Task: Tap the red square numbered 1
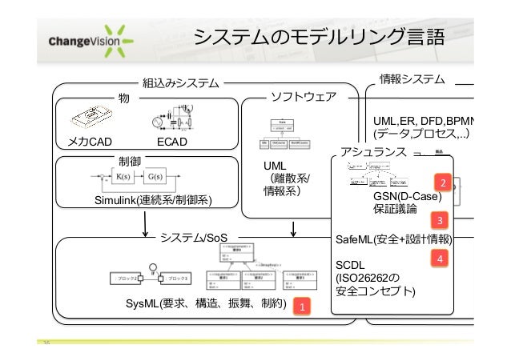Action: pos(302,307)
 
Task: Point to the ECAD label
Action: pos(171,142)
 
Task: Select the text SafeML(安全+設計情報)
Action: pos(393,239)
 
